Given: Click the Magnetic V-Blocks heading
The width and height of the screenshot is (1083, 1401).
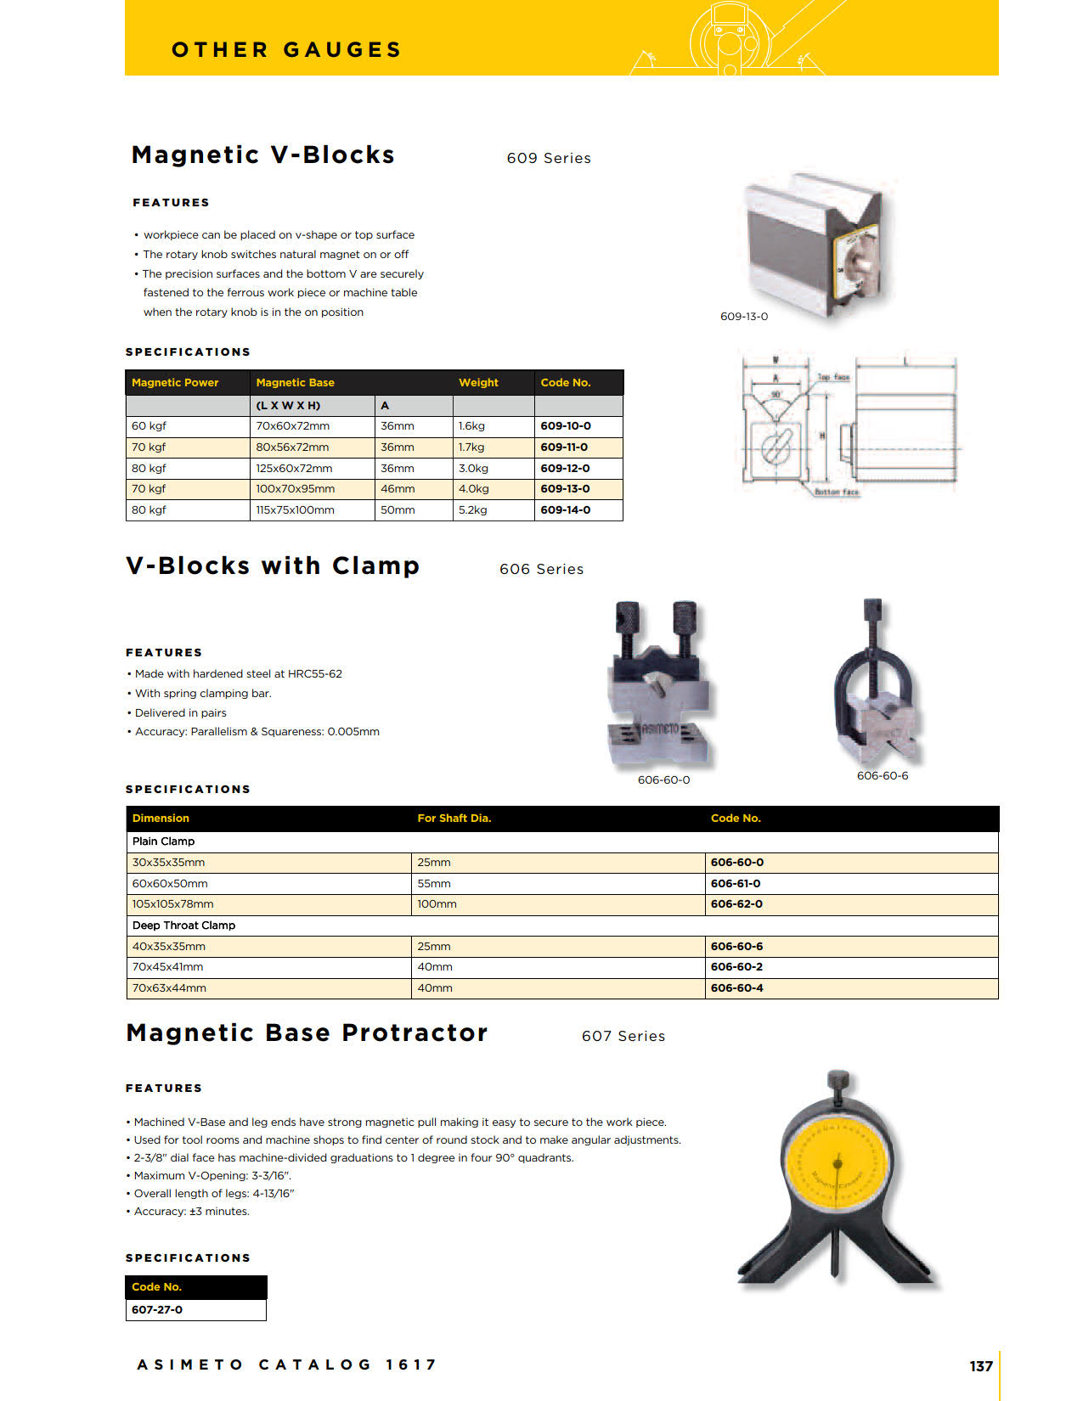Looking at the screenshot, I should click(262, 155).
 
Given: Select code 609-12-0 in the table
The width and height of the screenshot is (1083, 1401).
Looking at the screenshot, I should click(565, 468).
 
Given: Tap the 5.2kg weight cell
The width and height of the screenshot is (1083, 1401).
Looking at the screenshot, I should click(473, 510).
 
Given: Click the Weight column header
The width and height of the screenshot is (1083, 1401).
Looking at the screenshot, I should click(478, 383).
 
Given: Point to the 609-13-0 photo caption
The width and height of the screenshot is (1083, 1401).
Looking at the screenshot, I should click(743, 317).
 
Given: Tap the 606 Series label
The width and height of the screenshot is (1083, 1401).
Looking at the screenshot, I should click(541, 569).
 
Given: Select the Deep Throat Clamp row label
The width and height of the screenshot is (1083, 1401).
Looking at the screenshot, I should click(183, 926).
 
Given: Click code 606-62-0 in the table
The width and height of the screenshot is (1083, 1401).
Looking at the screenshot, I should click(736, 904).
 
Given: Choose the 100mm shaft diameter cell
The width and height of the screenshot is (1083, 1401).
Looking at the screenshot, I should click(437, 904).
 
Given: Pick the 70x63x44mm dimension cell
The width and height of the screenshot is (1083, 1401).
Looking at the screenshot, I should click(169, 988).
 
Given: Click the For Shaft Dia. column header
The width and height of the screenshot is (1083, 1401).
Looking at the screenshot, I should click(454, 819).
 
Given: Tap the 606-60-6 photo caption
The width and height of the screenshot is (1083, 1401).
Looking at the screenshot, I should click(882, 776).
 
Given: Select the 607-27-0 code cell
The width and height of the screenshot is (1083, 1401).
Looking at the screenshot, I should click(157, 1310).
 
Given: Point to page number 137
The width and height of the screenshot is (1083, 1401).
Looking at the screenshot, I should click(980, 1366).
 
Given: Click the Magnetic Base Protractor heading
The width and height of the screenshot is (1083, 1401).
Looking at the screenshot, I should click(307, 1032).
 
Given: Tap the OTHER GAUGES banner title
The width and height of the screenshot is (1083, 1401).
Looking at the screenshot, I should click(286, 50).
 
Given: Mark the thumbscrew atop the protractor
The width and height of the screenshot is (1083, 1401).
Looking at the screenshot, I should click(838, 1080).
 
